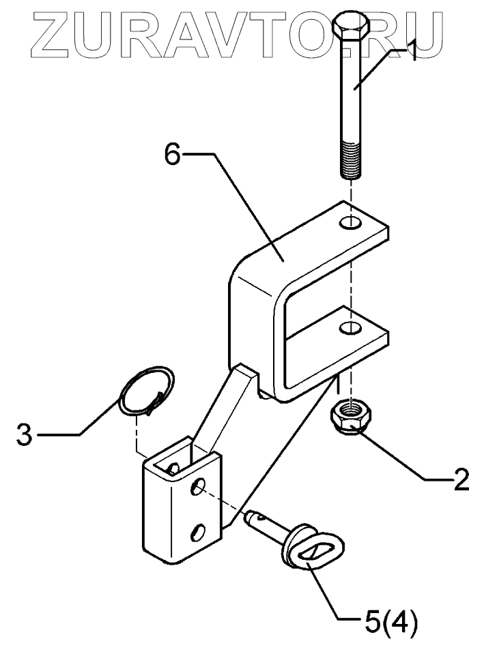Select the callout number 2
tap(461, 479)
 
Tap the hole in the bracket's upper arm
tap(350, 222)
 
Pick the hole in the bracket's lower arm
tap(351, 328)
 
